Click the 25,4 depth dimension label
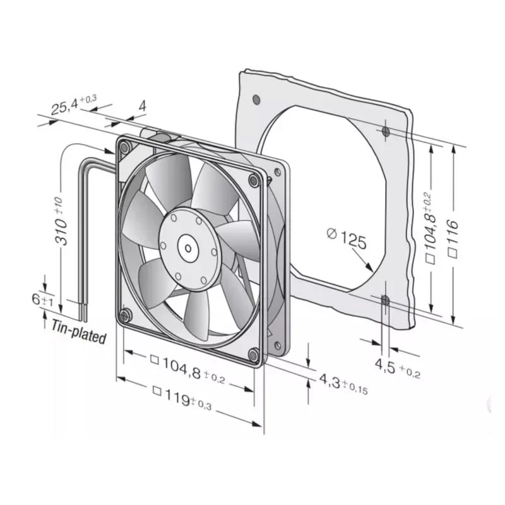point(74,104)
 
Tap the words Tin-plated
point(79,332)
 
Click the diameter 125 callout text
point(347,239)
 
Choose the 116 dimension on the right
point(453,239)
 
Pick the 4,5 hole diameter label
point(398,368)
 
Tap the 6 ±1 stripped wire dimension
point(42,300)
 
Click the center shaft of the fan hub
point(187,248)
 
